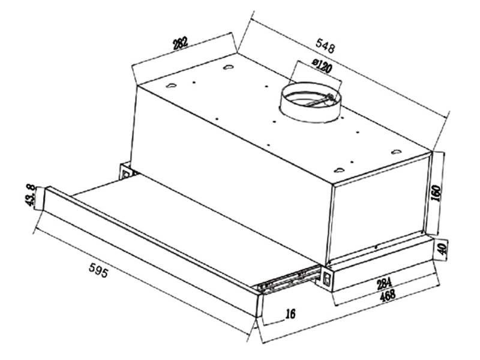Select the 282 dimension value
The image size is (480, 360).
pyautogui.click(x=180, y=43)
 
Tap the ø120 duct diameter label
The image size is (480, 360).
pyautogui.click(x=322, y=66)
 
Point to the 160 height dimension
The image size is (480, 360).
pyautogui.click(x=436, y=193)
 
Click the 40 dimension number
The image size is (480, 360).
pyautogui.click(x=442, y=248)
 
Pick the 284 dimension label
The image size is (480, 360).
pyautogui.click(x=383, y=283)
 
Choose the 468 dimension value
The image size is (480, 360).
pyautogui.click(x=387, y=296)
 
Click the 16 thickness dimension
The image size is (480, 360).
pyautogui.click(x=290, y=313)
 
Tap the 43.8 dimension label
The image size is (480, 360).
pyautogui.click(x=31, y=196)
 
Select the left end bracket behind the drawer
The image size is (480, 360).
pyautogui.click(x=125, y=172)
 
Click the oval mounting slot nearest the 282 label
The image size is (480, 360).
pyautogui.click(x=228, y=67)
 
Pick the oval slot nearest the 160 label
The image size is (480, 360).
pyautogui.click(x=397, y=152)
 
